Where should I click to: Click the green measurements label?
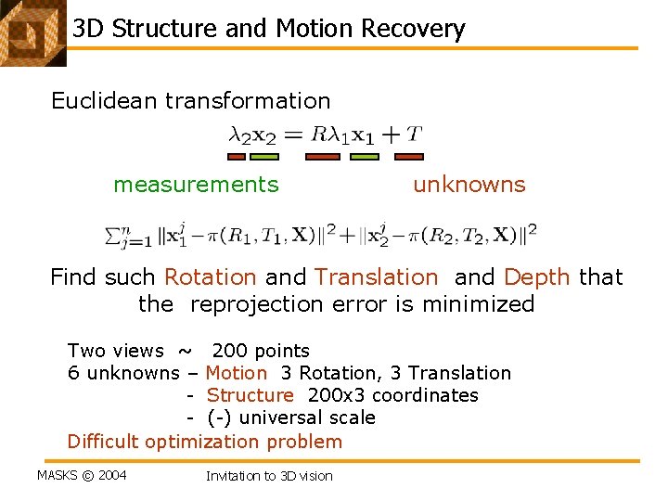pos(196,185)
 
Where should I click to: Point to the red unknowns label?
pos(469,185)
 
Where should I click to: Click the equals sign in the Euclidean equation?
pos(293,135)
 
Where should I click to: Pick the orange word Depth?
pos(537,276)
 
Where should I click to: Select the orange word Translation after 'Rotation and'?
pos(376,276)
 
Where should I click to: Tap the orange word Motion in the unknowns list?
pos(236,373)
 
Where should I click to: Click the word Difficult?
pos(103,442)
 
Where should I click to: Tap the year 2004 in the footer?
pos(111,476)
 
